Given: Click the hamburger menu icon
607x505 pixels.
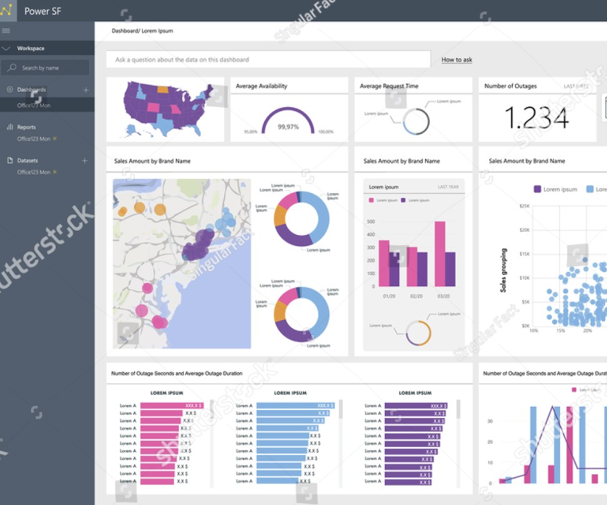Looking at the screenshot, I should coord(6,31).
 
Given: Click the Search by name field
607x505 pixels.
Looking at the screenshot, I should coord(45,68).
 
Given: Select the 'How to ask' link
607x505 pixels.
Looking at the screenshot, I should coord(457,60).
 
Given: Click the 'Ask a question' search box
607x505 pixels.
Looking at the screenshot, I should coord(268,59).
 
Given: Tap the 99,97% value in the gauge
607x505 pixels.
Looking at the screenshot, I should coord(288,127).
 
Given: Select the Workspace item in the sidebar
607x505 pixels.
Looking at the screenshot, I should coord(31,48).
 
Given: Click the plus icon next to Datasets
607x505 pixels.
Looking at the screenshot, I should coord(85,161).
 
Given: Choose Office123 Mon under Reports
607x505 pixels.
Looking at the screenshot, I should coord(34,139).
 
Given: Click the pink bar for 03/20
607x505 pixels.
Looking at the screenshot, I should coord(440,254).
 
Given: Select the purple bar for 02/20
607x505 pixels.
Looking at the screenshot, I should coord(422,269).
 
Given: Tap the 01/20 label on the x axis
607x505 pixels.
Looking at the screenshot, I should coord(389,296).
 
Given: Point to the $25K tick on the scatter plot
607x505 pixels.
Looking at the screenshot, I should coord(524,206).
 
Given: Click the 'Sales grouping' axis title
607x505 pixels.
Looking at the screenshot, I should coord(503,270).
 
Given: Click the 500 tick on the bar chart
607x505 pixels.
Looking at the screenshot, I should coord(371,222).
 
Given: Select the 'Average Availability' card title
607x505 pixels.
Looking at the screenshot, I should coord(262,86).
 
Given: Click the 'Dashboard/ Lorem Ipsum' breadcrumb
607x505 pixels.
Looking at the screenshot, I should coord(142,31).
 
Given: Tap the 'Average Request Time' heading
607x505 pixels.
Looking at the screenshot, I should coord(389,86).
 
